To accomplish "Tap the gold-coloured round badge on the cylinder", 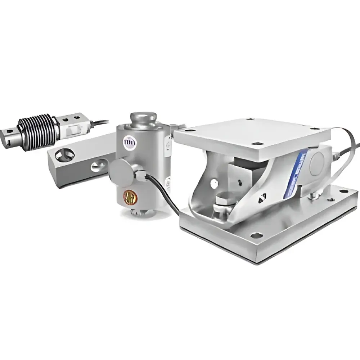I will (x=130, y=196).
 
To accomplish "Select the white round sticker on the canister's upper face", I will (x=128, y=142).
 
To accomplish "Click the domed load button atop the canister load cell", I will (x=142, y=118).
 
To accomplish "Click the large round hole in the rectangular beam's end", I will (x=65, y=155).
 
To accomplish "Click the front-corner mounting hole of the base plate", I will (x=256, y=235).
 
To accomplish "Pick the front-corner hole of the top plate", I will (x=257, y=144).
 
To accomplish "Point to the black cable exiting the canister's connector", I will (x=166, y=194).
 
